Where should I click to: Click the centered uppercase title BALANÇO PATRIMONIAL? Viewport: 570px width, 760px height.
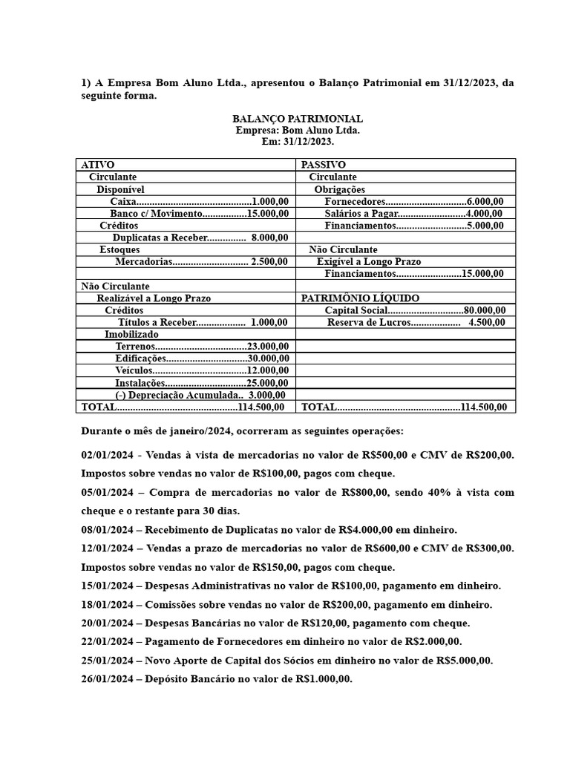click(x=297, y=119)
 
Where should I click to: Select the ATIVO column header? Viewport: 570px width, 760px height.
click(x=97, y=164)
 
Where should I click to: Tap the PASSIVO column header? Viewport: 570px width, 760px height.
click(x=323, y=164)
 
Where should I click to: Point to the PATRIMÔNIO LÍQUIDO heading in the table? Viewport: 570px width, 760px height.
click(x=355, y=298)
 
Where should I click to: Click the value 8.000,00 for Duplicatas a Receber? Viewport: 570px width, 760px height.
click(x=269, y=237)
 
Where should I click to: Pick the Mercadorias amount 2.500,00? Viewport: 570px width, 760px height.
click(x=269, y=262)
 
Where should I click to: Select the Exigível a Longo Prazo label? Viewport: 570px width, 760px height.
click(x=368, y=262)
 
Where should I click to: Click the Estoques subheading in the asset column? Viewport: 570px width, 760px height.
click(x=119, y=250)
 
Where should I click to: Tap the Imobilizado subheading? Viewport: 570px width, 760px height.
click(x=131, y=335)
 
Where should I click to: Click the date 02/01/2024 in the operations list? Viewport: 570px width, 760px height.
click(x=107, y=455)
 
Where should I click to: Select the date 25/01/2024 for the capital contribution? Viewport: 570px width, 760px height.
click(x=107, y=661)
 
